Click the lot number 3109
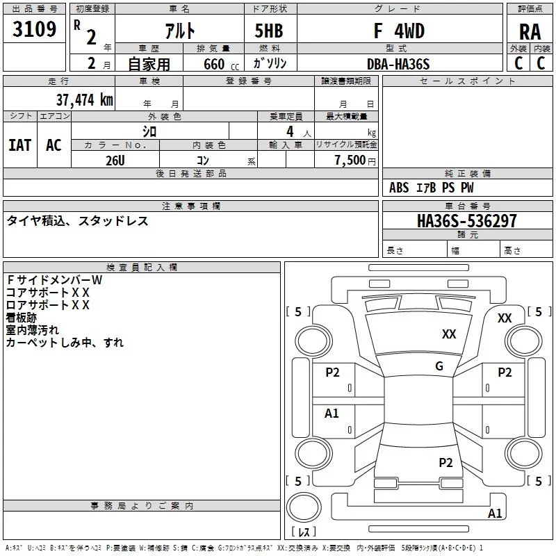pyautogui.click(x=34, y=28)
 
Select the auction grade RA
pyautogui.click(x=530, y=32)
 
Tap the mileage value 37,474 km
pyautogui.click(x=84, y=99)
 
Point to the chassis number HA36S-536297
pyautogui.click(x=466, y=220)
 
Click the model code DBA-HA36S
pyautogui.click(x=398, y=64)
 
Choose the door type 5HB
pyautogui.click(x=269, y=31)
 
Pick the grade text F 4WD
pyautogui.click(x=399, y=31)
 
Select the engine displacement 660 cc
pyautogui.click(x=221, y=64)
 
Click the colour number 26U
pyautogui.click(x=115, y=161)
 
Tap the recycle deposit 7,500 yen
pyautogui.click(x=355, y=161)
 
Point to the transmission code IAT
pyautogui.click(x=20, y=145)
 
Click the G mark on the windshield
pyautogui.click(x=439, y=366)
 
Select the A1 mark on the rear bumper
pyautogui.click(x=495, y=513)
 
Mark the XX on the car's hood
pyautogui.click(x=449, y=334)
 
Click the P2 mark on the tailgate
pyautogui.click(x=445, y=462)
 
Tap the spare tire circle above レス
pyautogui.click(x=304, y=507)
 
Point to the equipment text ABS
pyautogui.click(x=399, y=188)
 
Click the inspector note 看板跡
pyautogui.click(x=22, y=318)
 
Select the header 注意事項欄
pyautogui.click(x=191, y=206)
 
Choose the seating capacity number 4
pyautogui.click(x=290, y=131)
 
